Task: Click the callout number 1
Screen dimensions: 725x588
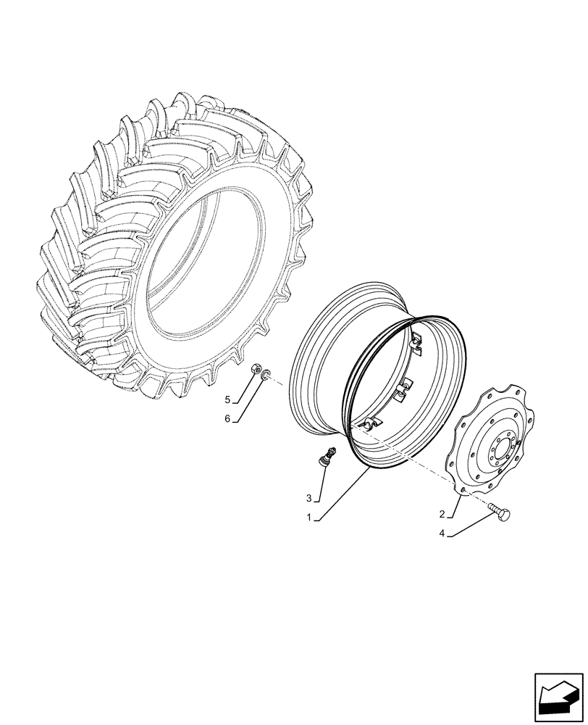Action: [x=308, y=518]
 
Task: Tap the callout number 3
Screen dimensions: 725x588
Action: [x=308, y=498]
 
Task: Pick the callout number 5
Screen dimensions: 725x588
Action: [x=227, y=399]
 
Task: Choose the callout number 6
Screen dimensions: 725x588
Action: [x=227, y=419]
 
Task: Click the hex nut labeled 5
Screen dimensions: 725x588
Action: [x=255, y=371]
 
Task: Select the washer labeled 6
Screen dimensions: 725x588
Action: [x=266, y=374]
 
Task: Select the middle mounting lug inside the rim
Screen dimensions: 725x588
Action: [x=402, y=390]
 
